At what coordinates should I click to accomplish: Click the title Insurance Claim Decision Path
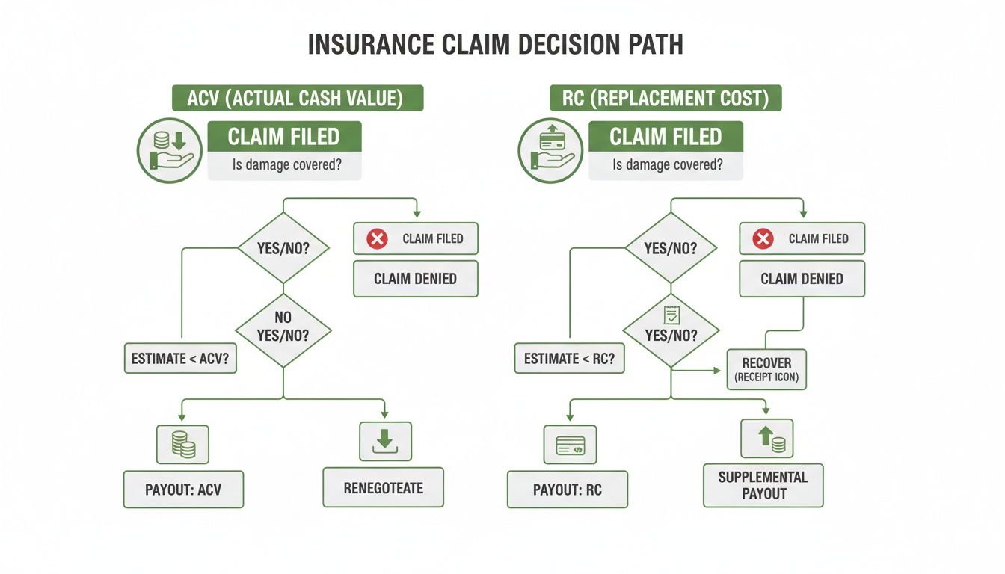tap(495, 44)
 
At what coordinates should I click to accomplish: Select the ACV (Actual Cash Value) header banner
tap(298, 99)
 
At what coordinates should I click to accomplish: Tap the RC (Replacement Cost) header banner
tap(666, 99)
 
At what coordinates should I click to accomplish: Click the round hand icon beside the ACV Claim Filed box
tap(169, 150)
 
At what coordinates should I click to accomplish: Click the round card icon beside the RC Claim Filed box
tap(550, 150)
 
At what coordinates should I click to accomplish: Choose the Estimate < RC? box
tap(569, 359)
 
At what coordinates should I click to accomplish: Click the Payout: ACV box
tap(183, 490)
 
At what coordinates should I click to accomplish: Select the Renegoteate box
tap(383, 488)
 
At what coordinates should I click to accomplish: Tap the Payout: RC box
tap(568, 490)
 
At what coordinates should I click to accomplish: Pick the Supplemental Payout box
tap(763, 485)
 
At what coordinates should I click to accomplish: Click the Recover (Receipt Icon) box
tap(766, 369)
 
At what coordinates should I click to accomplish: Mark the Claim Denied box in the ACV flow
tap(415, 279)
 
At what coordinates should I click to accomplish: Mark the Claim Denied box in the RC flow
tap(802, 279)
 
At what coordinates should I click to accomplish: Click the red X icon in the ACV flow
tap(377, 239)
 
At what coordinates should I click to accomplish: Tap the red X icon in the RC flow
tap(763, 239)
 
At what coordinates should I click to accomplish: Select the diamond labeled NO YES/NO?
tap(283, 327)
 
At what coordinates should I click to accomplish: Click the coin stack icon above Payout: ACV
tap(182, 444)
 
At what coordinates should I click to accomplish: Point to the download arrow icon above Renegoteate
tap(385, 441)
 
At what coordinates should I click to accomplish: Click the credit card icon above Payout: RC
tap(570, 445)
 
